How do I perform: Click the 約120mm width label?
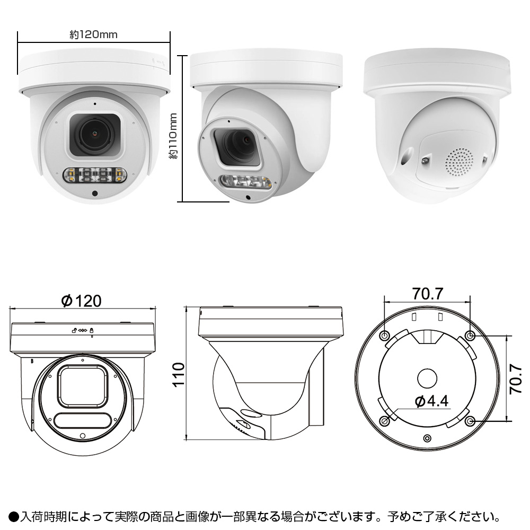(93, 34)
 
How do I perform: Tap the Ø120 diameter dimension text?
(81, 301)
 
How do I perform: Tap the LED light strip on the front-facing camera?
(94, 175)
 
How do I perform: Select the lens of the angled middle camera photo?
(240, 142)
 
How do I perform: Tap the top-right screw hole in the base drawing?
(470, 335)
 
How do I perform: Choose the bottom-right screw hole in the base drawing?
(470, 421)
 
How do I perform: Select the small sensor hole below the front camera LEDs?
(94, 193)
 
